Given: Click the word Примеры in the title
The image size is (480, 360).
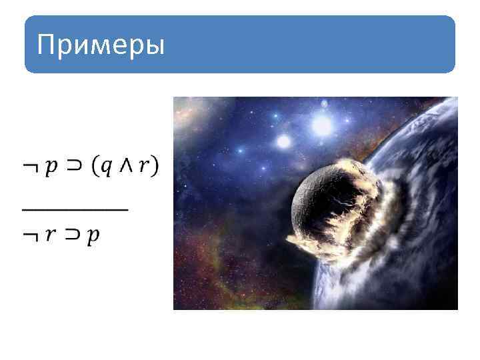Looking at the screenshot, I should point(101,46).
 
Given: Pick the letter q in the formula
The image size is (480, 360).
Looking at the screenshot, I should point(107,167).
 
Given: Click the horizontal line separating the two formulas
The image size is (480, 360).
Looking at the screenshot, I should point(75,209).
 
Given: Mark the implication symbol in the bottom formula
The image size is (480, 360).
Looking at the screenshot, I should point(71,235).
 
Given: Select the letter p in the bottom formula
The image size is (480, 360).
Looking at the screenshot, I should point(92,237).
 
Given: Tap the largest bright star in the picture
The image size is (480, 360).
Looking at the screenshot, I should point(323,124).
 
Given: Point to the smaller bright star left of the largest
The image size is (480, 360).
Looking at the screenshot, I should point(284,141).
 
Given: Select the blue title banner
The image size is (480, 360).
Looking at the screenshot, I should point(240,45).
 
